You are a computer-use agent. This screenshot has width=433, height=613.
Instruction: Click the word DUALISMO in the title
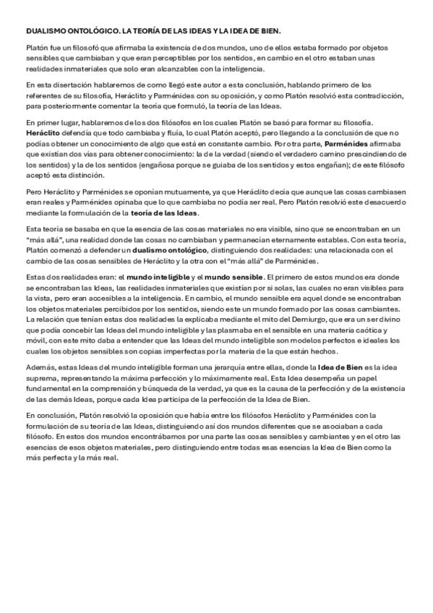[44, 32]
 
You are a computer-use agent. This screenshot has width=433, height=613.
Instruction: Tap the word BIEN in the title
[269, 32]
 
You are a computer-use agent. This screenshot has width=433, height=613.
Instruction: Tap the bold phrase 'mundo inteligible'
[150, 278]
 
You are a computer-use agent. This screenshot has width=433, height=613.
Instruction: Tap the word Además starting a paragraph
[39, 368]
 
